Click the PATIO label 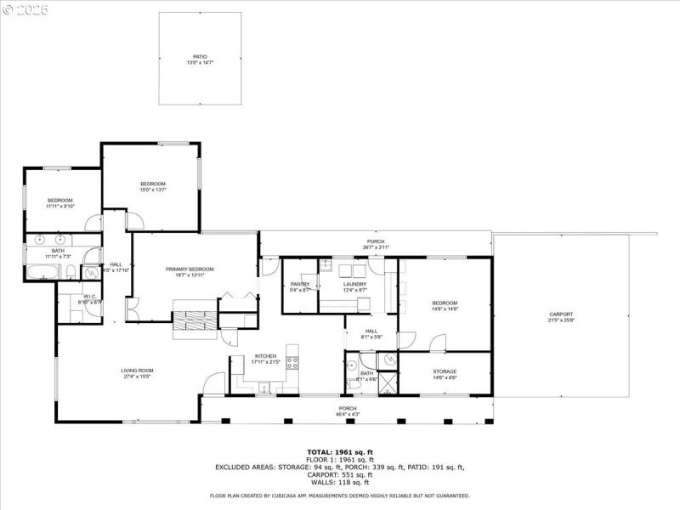coord(199,57)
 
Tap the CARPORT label coord(561,314)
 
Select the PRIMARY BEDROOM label coord(190,269)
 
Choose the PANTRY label coord(300,284)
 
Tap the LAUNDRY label coord(354,284)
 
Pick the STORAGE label coord(445,371)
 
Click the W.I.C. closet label coord(88,297)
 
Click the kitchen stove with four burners coord(292,362)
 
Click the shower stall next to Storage coord(388,383)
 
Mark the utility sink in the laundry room coord(326,265)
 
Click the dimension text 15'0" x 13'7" coord(153,190)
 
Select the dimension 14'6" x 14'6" coord(445,309)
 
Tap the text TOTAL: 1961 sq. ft coord(340,452)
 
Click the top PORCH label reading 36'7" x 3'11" coord(375,247)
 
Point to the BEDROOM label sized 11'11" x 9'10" coord(59,205)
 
